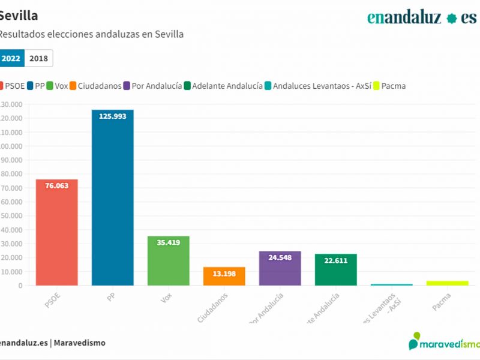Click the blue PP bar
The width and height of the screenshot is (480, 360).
click(112, 198)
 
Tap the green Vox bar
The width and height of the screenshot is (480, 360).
click(168, 261)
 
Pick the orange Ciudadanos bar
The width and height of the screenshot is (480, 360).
click(224, 276)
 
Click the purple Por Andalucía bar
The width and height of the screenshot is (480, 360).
click(280, 269)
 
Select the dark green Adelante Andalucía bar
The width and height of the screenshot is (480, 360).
click(335, 270)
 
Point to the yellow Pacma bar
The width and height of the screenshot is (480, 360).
click(447, 283)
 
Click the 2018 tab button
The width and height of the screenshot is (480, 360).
click(38, 58)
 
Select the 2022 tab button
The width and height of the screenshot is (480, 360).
click(11, 58)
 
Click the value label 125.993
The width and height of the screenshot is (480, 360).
click(112, 116)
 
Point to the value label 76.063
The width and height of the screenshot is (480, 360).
click(56, 186)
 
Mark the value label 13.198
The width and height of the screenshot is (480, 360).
click(224, 274)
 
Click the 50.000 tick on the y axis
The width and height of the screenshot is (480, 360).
click(11, 215)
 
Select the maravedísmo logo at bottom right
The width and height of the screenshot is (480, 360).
click(445, 343)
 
